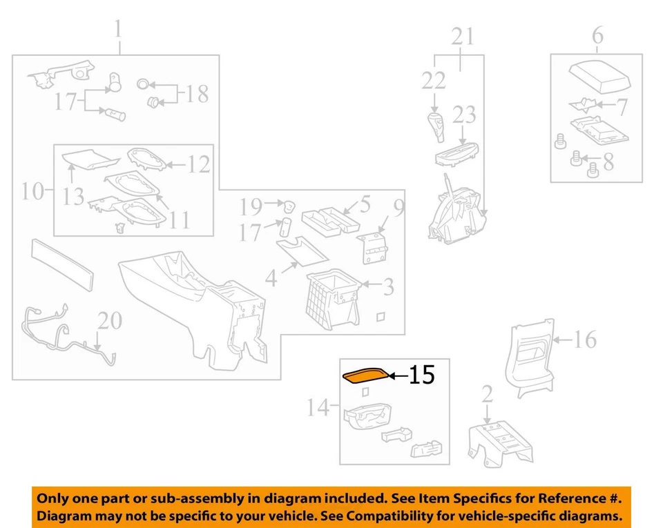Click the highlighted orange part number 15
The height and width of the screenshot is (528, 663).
click(365, 375)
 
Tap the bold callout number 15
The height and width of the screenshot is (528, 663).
click(422, 375)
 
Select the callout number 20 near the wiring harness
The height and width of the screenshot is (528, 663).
click(110, 321)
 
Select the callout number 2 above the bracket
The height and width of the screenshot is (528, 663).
click(488, 395)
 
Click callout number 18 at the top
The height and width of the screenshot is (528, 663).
click(197, 93)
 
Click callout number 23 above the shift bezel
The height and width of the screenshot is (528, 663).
click(465, 115)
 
